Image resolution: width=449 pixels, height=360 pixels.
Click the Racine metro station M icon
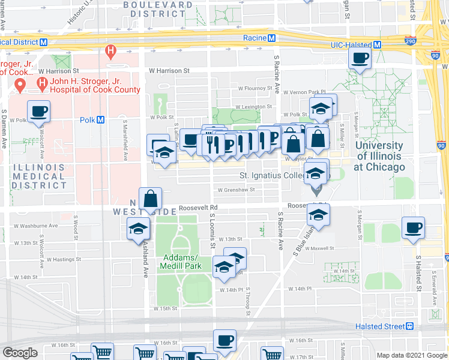pyautogui.click(x=272, y=38)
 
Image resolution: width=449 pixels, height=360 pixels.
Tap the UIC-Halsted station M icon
pyautogui.click(x=378, y=45)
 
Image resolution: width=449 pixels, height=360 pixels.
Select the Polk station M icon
pyautogui.click(x=100, y=119)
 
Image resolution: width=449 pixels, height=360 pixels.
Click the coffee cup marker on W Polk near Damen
pyautogui.click(x=38, y=110)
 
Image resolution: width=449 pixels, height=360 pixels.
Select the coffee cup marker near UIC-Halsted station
pyautogui.click(x=360, y=58)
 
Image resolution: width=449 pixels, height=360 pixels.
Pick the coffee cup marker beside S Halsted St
pyautogui.click(x=413, y=227)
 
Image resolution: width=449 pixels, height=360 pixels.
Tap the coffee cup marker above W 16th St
pyautogui.click(x=224, y=340)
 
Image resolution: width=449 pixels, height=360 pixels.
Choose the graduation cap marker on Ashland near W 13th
pyautogui.click(x=138, y=228)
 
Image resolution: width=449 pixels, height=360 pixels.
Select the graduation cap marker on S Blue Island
pyautogui.click(x=318, y=214)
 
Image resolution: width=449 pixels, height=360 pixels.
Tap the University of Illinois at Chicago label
pyautogui.click(x=379, y=156)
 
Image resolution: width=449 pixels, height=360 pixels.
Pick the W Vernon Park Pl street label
pyautogui.click(x=309, y=92)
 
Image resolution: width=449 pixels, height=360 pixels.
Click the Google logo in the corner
pyautogui.click(x=20, y=352)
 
